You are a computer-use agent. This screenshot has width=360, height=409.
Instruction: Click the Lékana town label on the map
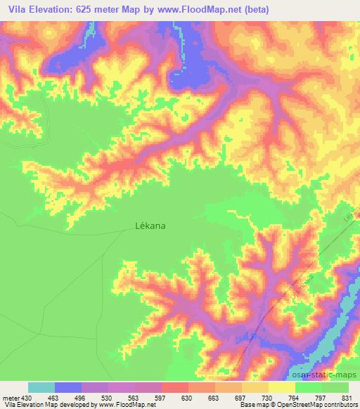coord(150,226)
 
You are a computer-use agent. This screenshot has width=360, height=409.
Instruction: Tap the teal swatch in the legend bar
coord(41,387)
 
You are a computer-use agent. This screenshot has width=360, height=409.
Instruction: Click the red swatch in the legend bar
coord(175,387)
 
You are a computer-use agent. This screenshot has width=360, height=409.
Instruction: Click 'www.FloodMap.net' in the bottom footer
coord(124,405)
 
